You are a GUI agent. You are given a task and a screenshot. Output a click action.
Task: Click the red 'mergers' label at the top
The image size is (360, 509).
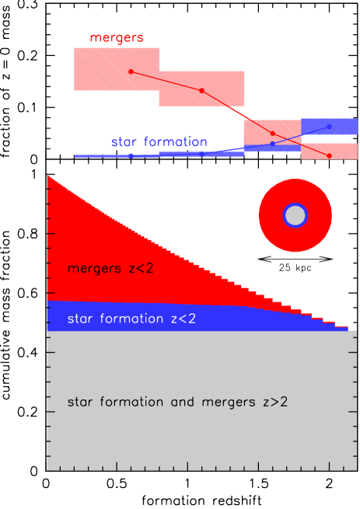117,37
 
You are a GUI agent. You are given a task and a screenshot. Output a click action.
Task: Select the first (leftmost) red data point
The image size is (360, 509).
131,71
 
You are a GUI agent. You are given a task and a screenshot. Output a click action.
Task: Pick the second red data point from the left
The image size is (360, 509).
201,91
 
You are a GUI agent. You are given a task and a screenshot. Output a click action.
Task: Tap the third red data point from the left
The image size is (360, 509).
273,133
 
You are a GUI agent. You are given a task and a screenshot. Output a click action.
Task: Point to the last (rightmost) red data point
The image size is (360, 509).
330,156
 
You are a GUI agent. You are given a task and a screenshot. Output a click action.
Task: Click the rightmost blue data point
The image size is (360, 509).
330,126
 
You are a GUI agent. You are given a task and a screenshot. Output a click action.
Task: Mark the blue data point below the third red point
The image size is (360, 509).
273,144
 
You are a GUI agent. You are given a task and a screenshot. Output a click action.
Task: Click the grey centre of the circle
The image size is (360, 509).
295,215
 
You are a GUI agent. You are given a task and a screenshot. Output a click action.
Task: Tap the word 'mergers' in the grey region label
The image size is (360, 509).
218,403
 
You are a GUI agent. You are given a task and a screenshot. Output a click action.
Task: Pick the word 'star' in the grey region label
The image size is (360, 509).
81,403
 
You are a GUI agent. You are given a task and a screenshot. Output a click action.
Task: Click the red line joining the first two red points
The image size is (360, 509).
166,81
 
